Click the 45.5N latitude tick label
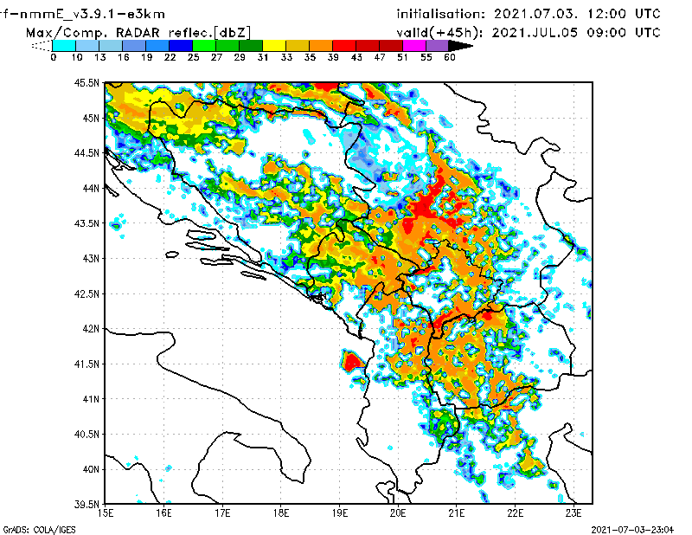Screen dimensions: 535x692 [x=86, y=82]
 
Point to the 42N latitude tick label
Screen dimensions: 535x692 [x=89, y=328]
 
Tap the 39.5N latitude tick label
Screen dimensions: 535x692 [x=86, y=504]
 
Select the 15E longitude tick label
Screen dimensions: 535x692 [x=106, y=513]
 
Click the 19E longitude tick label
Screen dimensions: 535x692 [x=339, y=513]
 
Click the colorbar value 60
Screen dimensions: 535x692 [x=450, y=58]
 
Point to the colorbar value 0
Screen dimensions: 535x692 [x=54, y=58]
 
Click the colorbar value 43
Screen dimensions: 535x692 [x=356, y=58]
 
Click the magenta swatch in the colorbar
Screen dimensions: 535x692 [x=414, y=45]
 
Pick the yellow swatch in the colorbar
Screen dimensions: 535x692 [x=273, y=45]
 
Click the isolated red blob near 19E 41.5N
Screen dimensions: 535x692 [x=352, y=361]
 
